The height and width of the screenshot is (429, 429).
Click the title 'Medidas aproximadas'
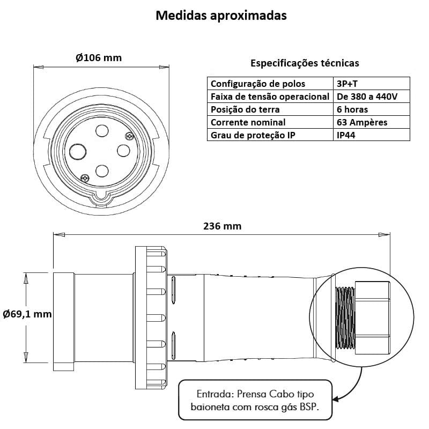tap(221, 16)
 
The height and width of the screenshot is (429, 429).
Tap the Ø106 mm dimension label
tap(99, 58)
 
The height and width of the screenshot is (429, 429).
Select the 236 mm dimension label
tap(222, 226)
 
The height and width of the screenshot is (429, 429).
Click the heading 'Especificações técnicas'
tap(305, 63)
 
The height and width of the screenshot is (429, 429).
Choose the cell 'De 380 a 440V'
tap(367, 97)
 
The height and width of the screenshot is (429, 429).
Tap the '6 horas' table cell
tap(352, 109)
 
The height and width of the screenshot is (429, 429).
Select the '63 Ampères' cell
tap(362, 122)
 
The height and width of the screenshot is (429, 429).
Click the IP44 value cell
tap(346, 135)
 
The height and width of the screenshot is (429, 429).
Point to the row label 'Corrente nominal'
tap(248, 122)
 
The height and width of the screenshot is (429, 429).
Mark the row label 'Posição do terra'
tap(246, 109)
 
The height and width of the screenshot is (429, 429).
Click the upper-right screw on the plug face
tap(129, 136)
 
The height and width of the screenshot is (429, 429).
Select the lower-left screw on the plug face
tap(85, 177)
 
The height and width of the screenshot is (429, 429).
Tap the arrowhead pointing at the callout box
tap(336, 399)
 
